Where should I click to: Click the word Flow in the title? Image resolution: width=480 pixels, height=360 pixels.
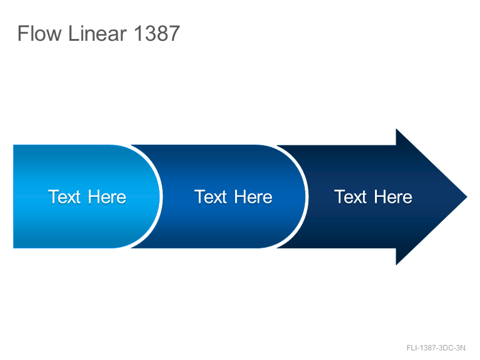(40, 34)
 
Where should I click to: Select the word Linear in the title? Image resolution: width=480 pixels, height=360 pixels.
(97, 34)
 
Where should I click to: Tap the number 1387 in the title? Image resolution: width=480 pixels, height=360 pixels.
(157, 34)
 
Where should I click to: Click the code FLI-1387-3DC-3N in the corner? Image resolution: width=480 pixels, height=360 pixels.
(436, 348)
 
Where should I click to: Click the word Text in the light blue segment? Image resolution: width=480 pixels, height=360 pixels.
(64, 197)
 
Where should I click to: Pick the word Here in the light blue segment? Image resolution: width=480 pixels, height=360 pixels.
(107, 197)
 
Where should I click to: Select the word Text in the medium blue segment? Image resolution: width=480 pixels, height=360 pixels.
(211, 197)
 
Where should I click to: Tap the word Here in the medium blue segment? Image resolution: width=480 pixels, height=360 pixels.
(253, 197)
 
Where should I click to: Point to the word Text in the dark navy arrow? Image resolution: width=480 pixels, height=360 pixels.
(350, 197)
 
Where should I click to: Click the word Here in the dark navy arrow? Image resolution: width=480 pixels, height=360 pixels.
(393, 197)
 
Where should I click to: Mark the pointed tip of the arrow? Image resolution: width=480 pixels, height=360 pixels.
(467, 197)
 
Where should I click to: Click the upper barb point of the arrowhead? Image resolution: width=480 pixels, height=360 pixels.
(396, 129)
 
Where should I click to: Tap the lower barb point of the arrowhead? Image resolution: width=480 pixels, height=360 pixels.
(396, 265)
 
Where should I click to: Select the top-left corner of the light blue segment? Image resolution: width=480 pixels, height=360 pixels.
(13, 145)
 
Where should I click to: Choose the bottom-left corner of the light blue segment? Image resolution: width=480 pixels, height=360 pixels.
(13, 248)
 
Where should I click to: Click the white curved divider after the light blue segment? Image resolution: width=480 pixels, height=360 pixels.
(161, 197)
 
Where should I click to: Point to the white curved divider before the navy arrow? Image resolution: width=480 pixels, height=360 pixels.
(307, 197)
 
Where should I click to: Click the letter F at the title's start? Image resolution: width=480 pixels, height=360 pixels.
(23, 34)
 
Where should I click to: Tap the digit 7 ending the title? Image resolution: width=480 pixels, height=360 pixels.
(174, 34)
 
